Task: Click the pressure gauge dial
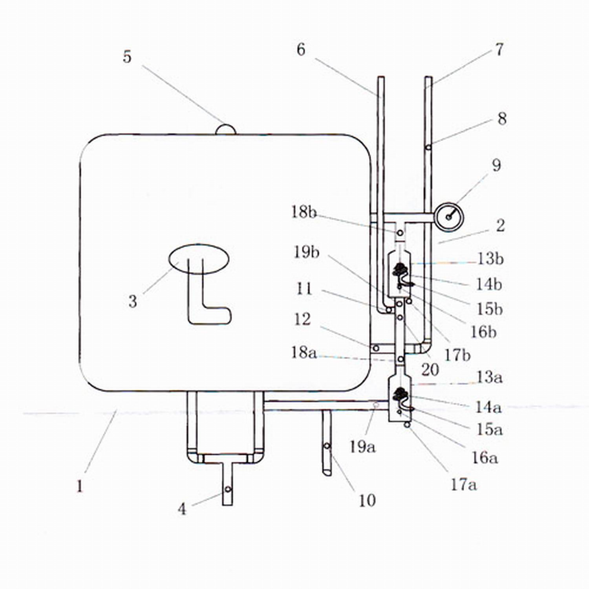tap(449, 217)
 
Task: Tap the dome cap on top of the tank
tap(226, 130)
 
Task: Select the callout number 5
tap(127, 57)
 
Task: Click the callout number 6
tap(301, 49)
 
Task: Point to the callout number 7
tap(499, 49)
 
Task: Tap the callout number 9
tap(496, 165)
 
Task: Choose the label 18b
tap(304, 212)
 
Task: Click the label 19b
tap(306, 252)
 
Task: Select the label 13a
tap(489, 377)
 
